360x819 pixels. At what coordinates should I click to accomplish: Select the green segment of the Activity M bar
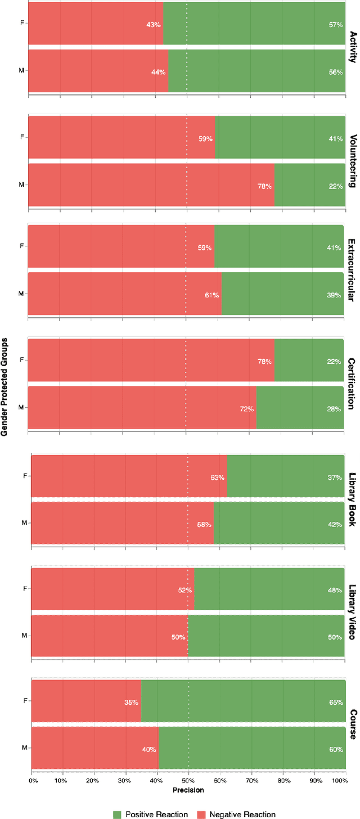(x=256, y=71)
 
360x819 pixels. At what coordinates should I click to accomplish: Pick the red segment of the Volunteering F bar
(x=121, y=137)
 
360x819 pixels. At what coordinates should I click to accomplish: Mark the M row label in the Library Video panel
(x=24, y=619)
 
